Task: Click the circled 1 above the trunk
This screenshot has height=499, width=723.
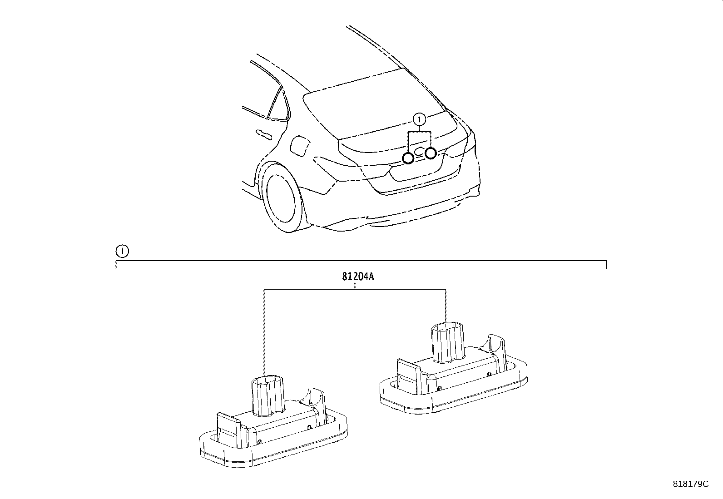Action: [419, 119]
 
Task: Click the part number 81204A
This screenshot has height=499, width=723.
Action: [358, 277]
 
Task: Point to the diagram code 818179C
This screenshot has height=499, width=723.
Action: [690, 484]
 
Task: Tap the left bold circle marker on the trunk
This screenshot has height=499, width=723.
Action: [408, 158]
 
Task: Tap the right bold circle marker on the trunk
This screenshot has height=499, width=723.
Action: [431, 153]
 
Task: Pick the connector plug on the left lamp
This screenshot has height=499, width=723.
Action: [267, 394]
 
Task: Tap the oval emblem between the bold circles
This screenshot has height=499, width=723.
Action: [419, 152]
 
